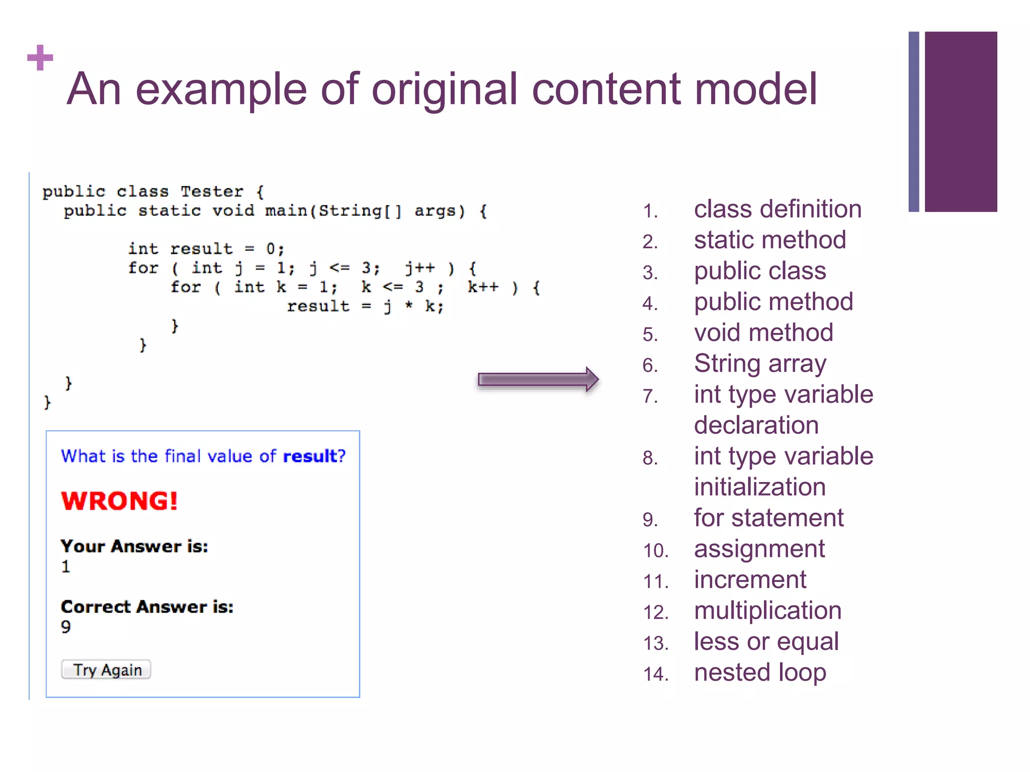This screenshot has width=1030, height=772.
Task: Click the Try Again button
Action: [106, 669]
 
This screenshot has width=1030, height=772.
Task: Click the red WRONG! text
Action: [119, 501]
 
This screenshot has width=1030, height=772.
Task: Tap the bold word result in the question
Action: [310, 456]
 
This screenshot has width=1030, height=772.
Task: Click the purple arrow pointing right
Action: [538, 379]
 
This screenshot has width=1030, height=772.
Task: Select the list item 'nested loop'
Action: [759, 672]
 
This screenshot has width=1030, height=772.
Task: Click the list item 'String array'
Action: [759, 364]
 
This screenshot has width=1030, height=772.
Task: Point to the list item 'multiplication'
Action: [767, 611]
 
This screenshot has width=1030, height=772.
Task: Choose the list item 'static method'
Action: [769, 240]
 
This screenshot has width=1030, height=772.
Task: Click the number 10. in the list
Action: [655, 551]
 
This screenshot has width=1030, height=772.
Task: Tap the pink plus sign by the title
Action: [40, 58]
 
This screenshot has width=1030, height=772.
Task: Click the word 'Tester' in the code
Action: [212, 191]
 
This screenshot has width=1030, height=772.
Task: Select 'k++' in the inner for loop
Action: [483, 287]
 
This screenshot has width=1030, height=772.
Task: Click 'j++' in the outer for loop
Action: [420, 268]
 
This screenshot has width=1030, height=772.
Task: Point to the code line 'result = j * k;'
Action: [365, 306]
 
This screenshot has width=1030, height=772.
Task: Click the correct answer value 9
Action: [66, 627]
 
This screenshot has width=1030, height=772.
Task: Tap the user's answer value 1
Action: [66, 566]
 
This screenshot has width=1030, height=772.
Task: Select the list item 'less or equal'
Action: [766, 642]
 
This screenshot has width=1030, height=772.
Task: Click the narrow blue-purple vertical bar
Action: [913, 122]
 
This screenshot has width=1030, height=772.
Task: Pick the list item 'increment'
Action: [749, 580]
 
